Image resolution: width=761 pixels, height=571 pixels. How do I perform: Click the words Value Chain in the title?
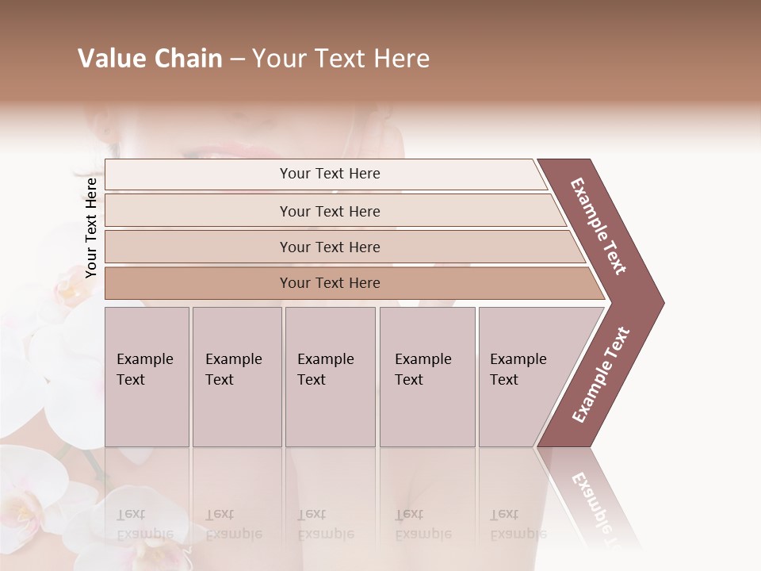(x=150, y=59)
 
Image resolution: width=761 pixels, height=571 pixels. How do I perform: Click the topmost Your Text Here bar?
(x=329, y=174)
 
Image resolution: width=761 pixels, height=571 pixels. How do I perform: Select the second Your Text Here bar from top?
(x=329, y=211)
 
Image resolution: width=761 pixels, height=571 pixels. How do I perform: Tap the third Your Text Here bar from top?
(x=329, y=247)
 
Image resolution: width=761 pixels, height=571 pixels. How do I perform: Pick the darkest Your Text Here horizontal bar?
(x=329, y=283)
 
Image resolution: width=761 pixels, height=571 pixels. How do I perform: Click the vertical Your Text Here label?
(x=91, y=228)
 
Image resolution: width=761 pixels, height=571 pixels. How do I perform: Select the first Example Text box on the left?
(x=147, y=377)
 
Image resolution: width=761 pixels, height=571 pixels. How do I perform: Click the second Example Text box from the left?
(x=236, y=377)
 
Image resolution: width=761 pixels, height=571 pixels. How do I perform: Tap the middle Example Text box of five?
(x=330, y=377)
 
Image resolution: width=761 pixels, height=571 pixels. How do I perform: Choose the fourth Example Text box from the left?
(x=426, y=377)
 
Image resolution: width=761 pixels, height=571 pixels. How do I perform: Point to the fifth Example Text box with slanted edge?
(x=527, y=377)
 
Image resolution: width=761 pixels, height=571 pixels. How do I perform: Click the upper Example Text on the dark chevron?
(x=598, y=226)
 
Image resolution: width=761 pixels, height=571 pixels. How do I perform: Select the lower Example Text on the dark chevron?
(x=601, y=375)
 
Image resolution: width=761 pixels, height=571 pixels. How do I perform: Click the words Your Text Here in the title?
(x=341, y=59)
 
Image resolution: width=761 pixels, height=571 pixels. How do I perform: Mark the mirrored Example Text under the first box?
(x=144, y=524)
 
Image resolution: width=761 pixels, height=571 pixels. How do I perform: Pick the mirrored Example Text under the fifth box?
(x=518, y=524)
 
